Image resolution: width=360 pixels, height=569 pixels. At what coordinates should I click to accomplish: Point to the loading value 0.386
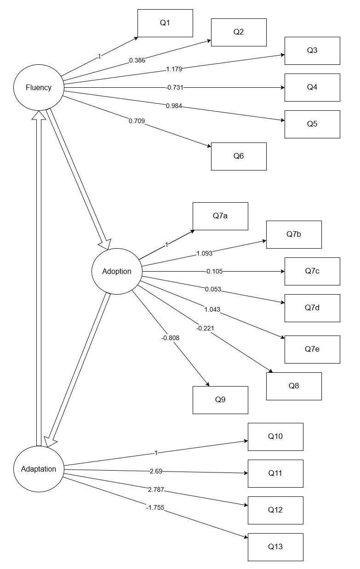137,60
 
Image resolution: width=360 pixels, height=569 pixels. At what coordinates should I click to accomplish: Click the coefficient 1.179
174,69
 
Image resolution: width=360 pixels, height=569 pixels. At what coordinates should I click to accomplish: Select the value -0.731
174,87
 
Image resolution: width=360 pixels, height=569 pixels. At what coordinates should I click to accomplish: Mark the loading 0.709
137,121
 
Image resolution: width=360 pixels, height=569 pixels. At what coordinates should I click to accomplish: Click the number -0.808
170,338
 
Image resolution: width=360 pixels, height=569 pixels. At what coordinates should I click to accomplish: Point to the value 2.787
156,489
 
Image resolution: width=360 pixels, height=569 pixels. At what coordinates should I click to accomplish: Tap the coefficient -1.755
155,507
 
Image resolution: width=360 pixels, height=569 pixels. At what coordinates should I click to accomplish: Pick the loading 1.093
204,253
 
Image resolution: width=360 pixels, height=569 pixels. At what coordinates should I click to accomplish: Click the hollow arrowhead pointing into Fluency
39,115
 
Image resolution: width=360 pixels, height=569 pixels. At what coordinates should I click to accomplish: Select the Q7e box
312,349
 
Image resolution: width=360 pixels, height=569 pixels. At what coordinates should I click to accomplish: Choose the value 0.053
213,289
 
